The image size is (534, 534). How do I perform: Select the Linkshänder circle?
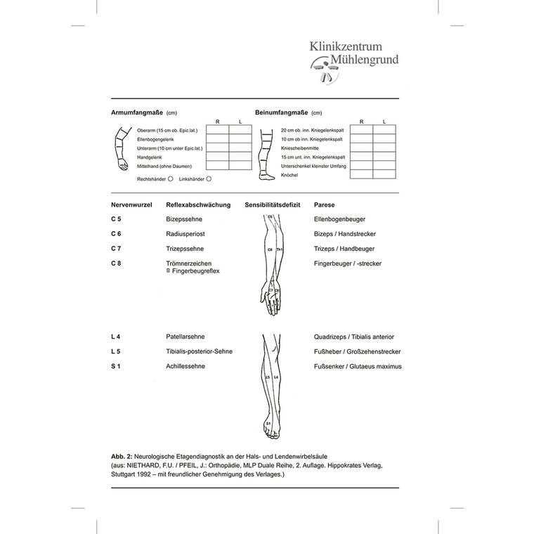[209, 178]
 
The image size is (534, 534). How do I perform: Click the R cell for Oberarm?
[217, 130]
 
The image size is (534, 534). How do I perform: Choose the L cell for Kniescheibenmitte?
[384, 148]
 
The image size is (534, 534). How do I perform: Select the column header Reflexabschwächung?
[198, 204]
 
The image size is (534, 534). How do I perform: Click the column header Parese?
[324, 204]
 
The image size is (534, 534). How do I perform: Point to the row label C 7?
[117, 249]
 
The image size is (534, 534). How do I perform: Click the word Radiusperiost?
[185, 234]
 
